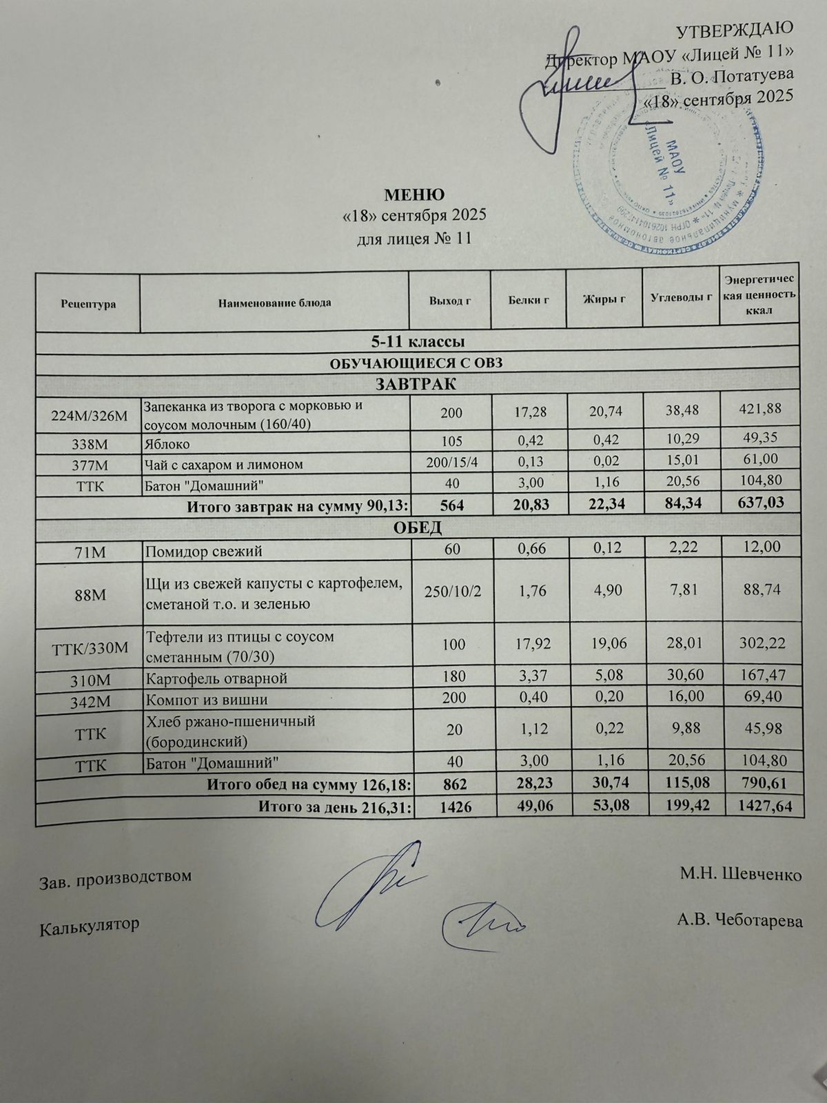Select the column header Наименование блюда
(274, 303)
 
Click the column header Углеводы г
(681, 298)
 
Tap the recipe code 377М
(88, 465)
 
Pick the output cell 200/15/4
(452, 464)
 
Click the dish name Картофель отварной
(216, 678)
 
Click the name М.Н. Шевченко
(740, 876)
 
